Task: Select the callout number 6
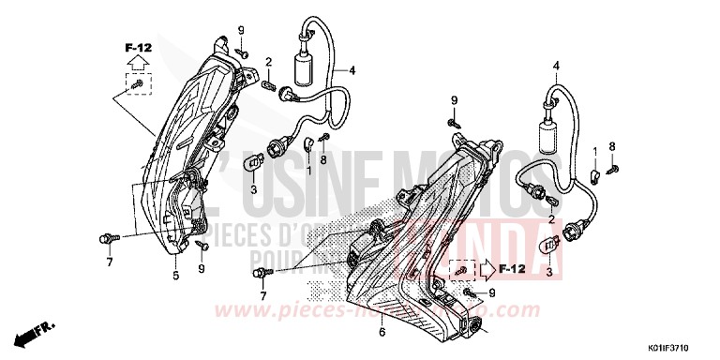(x=382, y=332)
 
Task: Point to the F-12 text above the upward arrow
(x=137, y=45)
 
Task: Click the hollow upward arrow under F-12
(x=137, y=63)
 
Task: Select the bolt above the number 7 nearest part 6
(x=258, y=272)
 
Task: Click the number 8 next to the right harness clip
(x=612, y=146)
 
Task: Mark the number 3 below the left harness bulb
(x=251, y=188)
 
